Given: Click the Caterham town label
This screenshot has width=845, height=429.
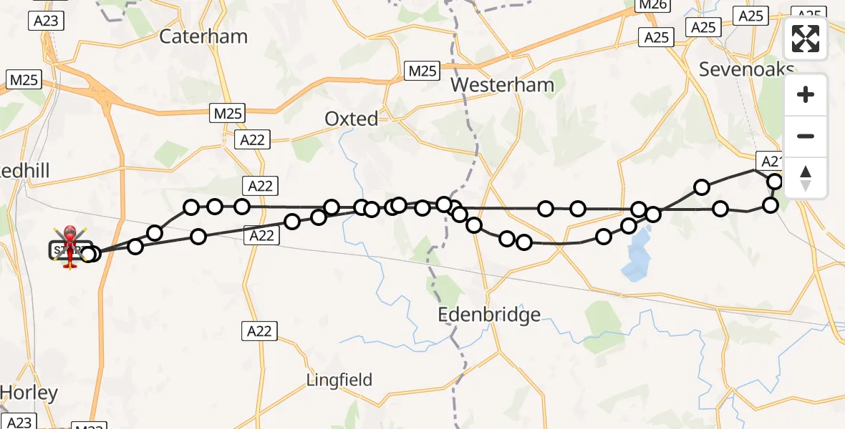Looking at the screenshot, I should (x=203, y=36).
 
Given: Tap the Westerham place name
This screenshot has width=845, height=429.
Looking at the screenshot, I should (x=503, y=85).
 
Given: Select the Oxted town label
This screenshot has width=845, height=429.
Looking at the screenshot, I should (x=351, y=119).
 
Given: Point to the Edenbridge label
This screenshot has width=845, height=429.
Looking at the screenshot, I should (x=490, y=315).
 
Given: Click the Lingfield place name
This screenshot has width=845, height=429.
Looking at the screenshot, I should (x=339, y=380).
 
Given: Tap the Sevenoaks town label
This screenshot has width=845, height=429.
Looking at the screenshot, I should (x=747, y=69).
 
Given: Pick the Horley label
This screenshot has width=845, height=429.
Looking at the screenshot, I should (x=29, y=393).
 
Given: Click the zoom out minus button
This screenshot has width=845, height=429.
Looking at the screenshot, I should (x=806, y=137).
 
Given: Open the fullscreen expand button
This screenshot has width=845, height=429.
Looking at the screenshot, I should (x=806, y=39).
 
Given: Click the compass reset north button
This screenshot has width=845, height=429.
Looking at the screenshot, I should (x=806, y=178).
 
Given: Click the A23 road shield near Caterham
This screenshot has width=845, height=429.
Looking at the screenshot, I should (x=46, y=21).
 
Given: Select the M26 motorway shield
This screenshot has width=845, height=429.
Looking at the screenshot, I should (x=652, y=6).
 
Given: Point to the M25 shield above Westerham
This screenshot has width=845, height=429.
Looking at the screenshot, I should (x=422, y=71).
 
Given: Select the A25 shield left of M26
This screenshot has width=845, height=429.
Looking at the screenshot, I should (x=656, y=37).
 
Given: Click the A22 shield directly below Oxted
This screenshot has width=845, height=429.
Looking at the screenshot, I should (x=253, y=140).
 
